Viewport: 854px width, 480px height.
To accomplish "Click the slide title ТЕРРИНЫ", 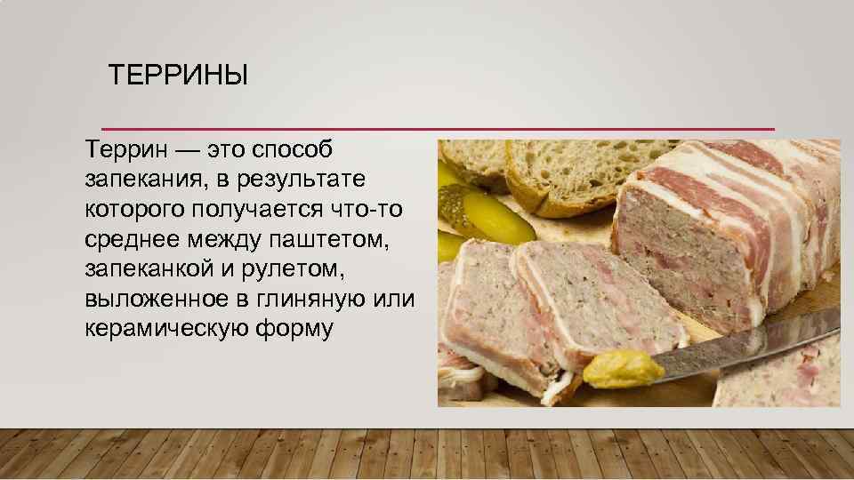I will (178, 76).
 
